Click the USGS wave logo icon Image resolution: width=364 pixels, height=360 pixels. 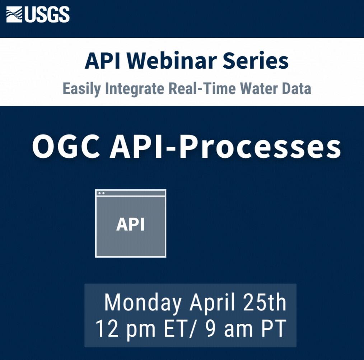click(x=15, y=15)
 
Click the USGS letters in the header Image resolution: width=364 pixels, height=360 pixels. click(x=47, y=15)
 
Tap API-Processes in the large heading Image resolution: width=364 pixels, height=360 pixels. click(x=225, y=147)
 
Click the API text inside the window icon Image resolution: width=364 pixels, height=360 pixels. click(x=130, y=225)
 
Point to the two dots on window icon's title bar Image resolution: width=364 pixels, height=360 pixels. click(x=101, y=193)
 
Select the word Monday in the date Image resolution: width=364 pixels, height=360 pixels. click(x=143, y=303)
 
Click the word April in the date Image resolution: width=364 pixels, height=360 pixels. click(x=212, y=303)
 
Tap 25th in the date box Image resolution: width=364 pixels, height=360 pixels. click(x=265, y=303)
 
